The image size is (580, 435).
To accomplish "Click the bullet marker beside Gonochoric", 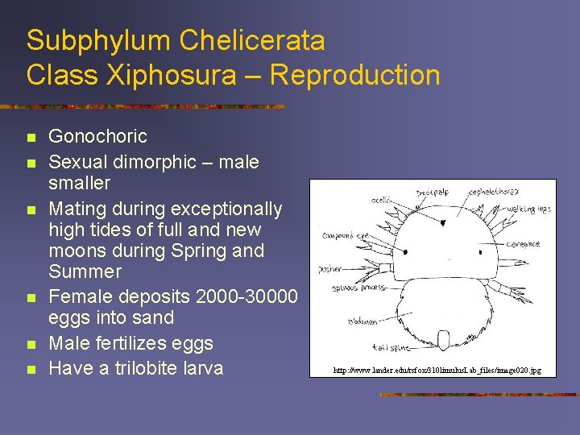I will pos(31,136).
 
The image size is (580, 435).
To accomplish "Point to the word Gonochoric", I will pos(97,135).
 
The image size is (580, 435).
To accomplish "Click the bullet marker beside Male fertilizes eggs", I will pos(31,344).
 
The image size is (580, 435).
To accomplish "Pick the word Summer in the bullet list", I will pos(85,271).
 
